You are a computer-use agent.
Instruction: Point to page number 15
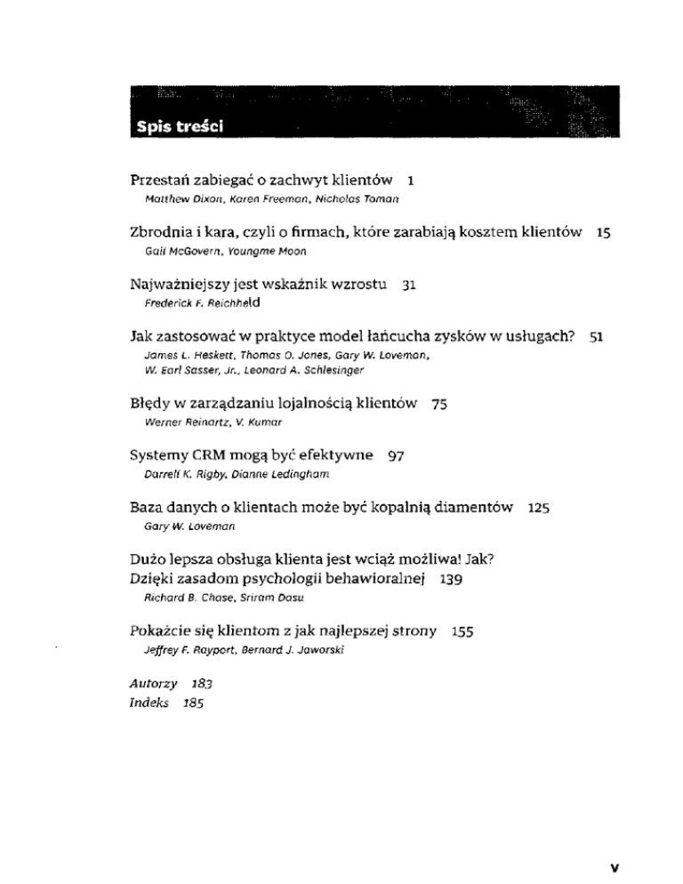(x=603, y=232)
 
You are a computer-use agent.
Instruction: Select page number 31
(x=411, y=286)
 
